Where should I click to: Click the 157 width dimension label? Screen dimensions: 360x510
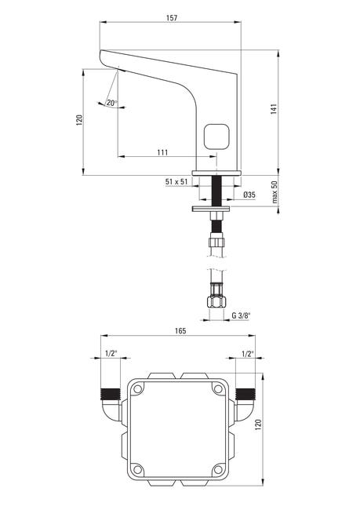click(x=172, y=17)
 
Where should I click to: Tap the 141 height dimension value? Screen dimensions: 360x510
click(x=274, y=108)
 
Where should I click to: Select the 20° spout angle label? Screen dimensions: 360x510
click(x=111, y=103)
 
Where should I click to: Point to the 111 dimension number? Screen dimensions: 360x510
click(x=162, y=152)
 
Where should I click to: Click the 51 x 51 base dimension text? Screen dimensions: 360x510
click(x=176, y=182)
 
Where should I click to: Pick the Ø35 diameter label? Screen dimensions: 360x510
click(x=249, y=195)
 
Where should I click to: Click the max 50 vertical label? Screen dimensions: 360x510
click(x=275, y=192)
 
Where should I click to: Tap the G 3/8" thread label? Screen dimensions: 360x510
click(x=241, y=315)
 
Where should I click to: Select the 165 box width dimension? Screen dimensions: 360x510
click(x=180, y=331)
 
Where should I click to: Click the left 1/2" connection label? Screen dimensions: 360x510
click(x=111, y=354)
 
